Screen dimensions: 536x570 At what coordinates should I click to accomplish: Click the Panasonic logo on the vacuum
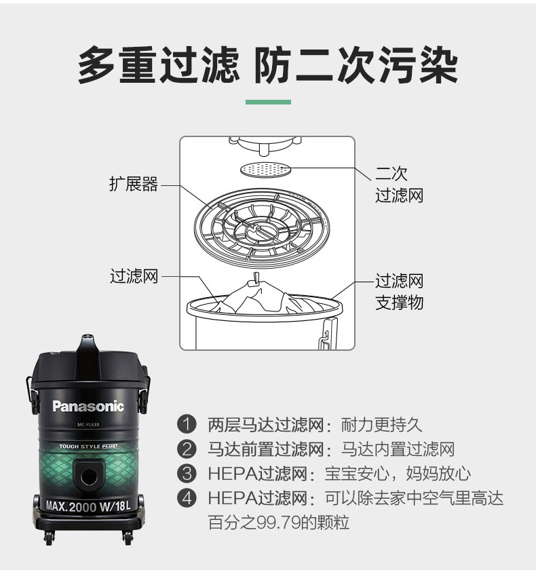click(88, 406)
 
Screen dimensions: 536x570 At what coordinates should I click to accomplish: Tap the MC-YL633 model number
click(88, 425)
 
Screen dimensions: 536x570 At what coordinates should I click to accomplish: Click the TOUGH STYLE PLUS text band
click(88, 446)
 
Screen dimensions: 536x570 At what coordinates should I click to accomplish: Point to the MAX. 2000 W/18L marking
click(88, 506)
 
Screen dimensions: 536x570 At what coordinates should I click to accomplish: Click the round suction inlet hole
click(89, 476)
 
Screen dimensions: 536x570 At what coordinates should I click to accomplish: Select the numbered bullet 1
click(187, 424)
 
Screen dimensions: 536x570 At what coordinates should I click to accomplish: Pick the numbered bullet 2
click(187, 449)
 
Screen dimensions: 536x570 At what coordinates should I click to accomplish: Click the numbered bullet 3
click(187, 474)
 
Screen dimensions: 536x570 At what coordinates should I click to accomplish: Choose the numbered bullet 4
click(187, 497)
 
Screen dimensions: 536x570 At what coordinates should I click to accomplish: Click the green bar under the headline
click(268, 102)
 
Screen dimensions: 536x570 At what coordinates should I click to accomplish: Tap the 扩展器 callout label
click(134, 184)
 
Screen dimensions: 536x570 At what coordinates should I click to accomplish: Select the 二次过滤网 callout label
click(399, 185)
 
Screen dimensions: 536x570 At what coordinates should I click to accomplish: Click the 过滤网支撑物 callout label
click(399, 292)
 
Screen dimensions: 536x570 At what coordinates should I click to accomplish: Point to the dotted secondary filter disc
click(267, 170)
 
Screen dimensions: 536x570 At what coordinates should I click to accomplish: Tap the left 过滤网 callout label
click(134, 276)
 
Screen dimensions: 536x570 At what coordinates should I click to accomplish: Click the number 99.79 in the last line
click(279, 522)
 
